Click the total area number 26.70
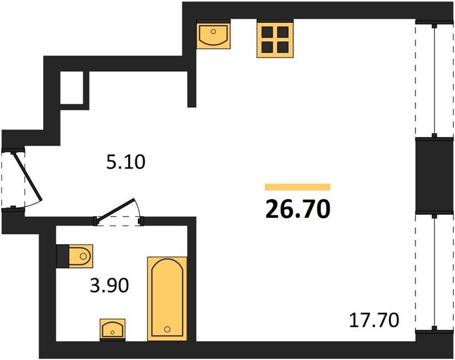(x=298, y=209)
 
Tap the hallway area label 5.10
(x=126, y=162)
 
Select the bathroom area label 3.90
(x=109, y=286)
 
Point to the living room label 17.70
(x=374, y=320)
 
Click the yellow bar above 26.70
(x=298, y=187)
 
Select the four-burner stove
(x=275, y=39)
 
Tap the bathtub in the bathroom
(x=167, y=298)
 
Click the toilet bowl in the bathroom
(x=81, y=256)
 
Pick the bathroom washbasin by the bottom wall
(x=113, y=329)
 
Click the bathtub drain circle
(x=167, y=329)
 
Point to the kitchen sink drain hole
(x=213, y=31)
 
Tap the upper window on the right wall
(x=435, y=80)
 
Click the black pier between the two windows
(x=435, y=176)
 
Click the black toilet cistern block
(x=63, y=256)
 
